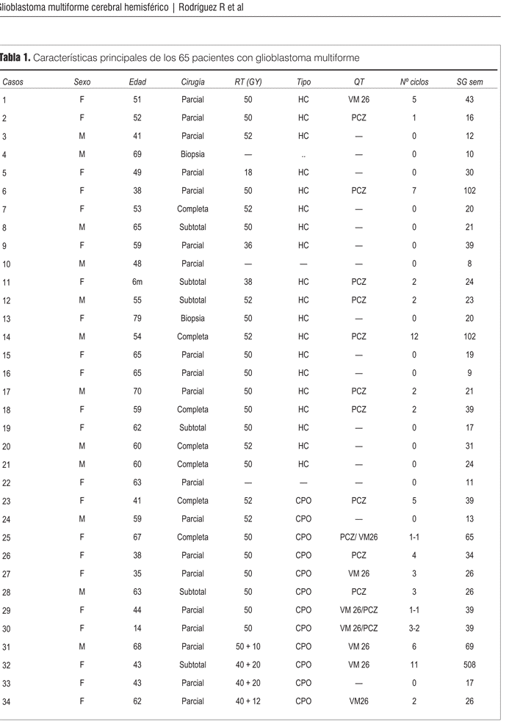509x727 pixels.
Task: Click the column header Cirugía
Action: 192,82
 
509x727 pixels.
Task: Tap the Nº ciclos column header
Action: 414,82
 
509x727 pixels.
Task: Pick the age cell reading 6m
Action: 137,282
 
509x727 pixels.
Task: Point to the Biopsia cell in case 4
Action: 192,154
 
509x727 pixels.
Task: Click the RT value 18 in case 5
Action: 248,173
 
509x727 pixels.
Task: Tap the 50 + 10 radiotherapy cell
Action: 248,646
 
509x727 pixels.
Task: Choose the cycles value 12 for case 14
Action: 414,336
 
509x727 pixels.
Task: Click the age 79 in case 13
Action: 137,319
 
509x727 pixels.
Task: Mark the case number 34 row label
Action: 6,701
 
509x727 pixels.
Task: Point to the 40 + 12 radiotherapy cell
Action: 248,701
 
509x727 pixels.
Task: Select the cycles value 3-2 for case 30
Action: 414,629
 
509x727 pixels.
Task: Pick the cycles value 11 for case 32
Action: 414,665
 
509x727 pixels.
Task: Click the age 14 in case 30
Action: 137,629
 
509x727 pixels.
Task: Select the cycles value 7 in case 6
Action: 414,191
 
